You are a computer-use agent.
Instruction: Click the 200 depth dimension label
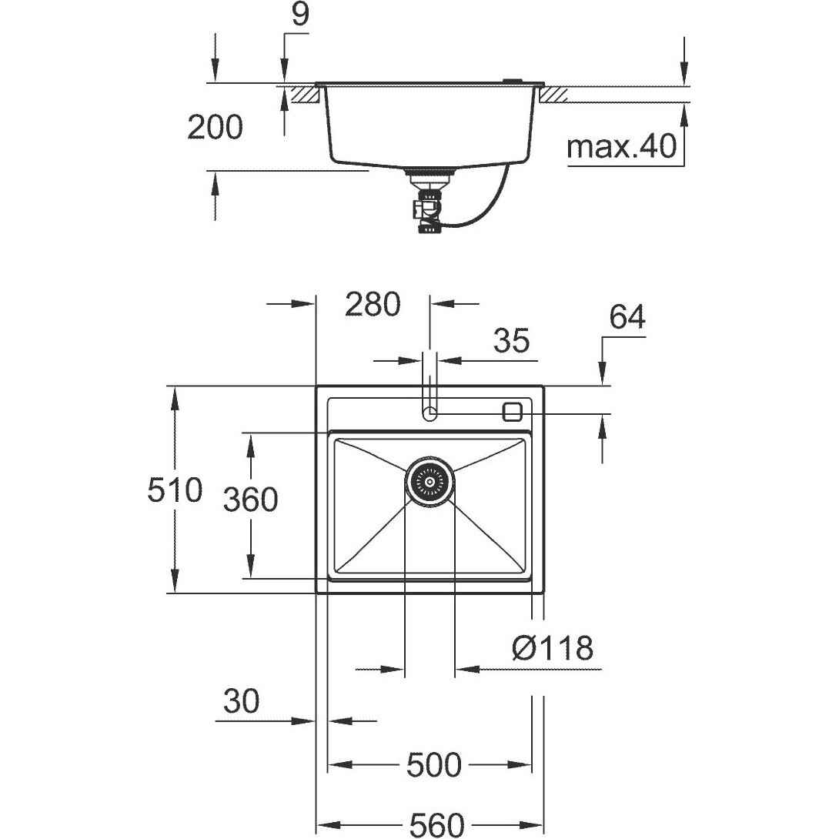(215, 127)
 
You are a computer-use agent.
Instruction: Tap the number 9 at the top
(301, 15)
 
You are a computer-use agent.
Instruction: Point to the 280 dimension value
(373, 304)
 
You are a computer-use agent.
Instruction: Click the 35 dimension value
(512, 340)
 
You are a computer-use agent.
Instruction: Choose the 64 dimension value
(627, 317)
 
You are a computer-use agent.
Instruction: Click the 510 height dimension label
(175, 490)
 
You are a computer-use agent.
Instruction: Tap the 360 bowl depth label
(250, 500)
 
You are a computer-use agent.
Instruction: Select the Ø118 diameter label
(553, 648)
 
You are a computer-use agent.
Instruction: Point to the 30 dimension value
(242, 700)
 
